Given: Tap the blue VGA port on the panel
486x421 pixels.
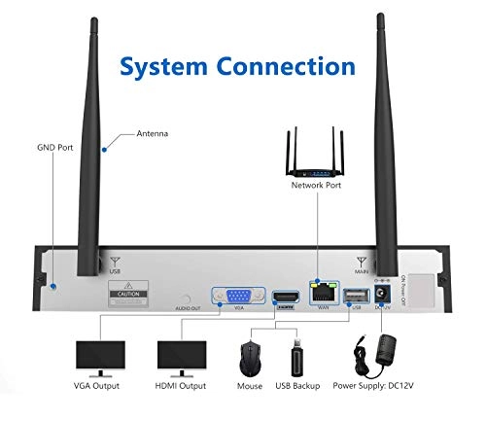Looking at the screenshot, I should (234, 298).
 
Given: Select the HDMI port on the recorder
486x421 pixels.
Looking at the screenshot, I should (284, 298).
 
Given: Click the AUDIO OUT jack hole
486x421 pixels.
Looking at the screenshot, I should (185, 298).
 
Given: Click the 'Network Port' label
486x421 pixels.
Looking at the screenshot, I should (318, 184).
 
